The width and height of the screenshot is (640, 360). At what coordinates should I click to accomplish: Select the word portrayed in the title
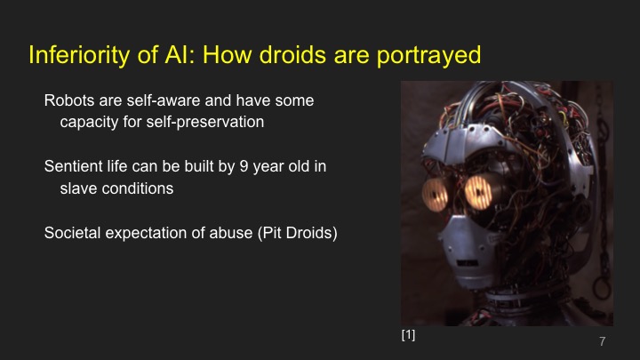[428, 55]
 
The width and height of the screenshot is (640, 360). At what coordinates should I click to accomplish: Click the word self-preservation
[206, 122]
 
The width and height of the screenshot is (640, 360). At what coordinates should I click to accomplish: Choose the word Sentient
[74, 166]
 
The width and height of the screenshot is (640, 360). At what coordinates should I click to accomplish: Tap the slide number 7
[602, 342]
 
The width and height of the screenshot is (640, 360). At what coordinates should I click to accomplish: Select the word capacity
[89, 122]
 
